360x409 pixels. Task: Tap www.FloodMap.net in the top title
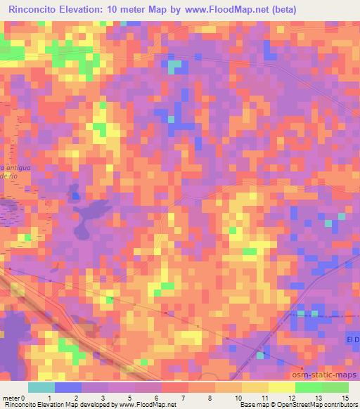point(217,10)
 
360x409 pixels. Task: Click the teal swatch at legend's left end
point(41,387)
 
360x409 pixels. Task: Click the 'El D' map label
point(353,339)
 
